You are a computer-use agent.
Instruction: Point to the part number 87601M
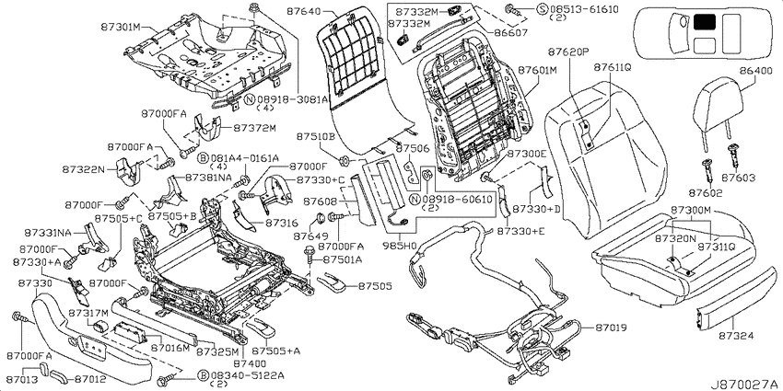[537, 70]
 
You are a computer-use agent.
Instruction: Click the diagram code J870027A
[746, 385]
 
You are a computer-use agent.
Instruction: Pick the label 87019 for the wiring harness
[611, 328]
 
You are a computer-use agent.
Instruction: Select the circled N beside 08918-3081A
[251, 99]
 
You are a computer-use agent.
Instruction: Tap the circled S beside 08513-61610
[542, 9]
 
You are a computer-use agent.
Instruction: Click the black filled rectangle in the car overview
[704, 21]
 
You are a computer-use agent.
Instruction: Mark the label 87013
[23, 379]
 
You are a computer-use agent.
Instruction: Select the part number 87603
[738, 178]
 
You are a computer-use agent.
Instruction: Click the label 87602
[705, 192]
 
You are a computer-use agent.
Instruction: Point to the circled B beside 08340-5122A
[203, 375]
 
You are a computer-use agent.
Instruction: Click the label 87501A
[343, 259]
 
